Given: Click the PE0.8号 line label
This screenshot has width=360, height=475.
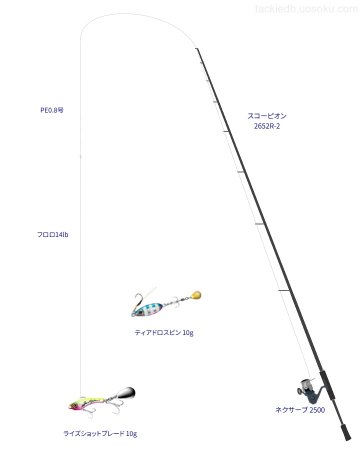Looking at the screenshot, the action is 52,110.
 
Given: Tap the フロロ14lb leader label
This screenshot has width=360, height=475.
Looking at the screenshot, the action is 52,235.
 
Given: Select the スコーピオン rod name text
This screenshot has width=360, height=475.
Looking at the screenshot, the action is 267,115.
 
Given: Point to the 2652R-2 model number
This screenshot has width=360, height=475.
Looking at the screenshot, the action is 267,126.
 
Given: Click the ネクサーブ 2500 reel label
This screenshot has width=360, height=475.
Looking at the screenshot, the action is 300,410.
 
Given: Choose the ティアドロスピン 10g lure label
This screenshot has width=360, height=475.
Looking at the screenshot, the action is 164,332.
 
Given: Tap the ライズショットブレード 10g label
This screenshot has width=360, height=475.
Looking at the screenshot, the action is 100,434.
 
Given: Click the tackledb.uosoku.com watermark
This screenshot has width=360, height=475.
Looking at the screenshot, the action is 306,9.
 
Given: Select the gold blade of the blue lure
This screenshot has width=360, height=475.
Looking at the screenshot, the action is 196,295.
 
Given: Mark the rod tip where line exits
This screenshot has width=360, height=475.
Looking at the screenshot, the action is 196,48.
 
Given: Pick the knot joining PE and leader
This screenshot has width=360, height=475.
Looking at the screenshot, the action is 80,156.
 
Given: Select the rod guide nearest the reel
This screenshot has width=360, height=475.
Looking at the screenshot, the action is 284,291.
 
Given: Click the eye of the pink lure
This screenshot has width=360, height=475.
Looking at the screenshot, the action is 74,405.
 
